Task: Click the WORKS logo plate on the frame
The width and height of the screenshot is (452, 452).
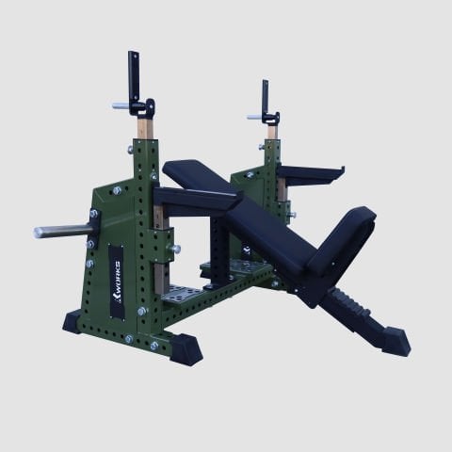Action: [117, 282]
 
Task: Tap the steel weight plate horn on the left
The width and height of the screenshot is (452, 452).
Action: [63, 232]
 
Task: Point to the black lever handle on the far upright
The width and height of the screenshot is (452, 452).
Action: [266, 98]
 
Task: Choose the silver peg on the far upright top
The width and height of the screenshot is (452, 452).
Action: [255, 117]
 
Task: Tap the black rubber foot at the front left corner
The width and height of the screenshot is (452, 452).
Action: [73, 322]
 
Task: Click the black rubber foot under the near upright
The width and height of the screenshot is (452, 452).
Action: [186, 349]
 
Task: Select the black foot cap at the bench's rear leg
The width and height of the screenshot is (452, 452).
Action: [396, 341]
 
